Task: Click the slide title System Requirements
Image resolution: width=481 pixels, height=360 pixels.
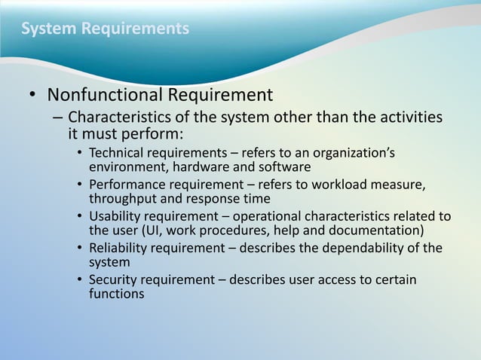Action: [x=105, y=29]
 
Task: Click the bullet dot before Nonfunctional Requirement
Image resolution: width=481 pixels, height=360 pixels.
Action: [x=32, y=96]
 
